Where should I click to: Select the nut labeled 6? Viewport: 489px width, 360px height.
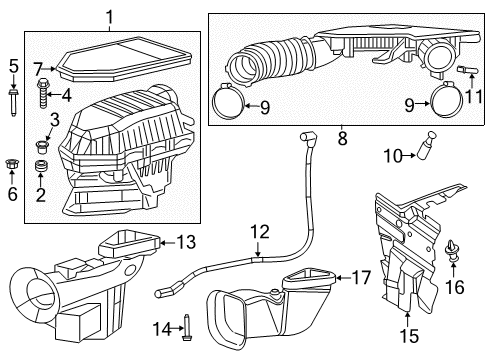click(14, 161)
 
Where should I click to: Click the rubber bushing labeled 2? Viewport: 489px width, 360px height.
click(43, 165)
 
